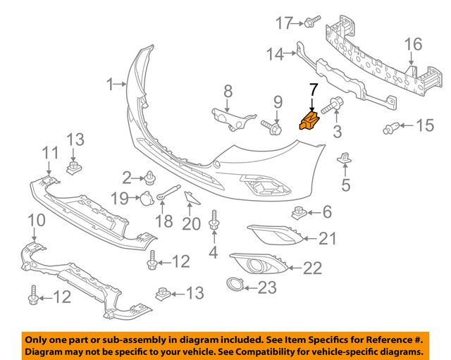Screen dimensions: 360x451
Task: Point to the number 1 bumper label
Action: coord(110,85)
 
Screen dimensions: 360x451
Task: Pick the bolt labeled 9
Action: coord(271,126)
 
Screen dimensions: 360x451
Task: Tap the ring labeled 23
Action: coord(233,285)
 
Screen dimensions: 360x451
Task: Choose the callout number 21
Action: coord(327,240)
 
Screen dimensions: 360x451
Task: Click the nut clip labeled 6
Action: coord(299,211)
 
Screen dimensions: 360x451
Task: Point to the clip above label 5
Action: coord(345,159)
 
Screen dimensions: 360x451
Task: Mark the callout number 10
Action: coord(36,221)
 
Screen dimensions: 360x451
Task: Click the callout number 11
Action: coord(50,153)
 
